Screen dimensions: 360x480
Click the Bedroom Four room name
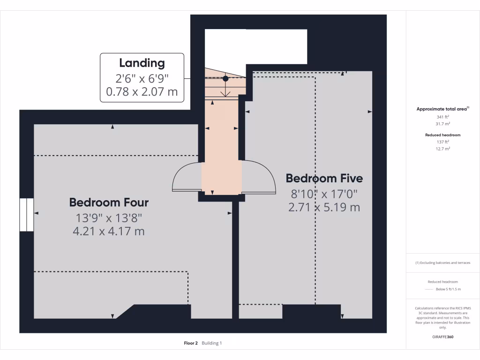[109, 202]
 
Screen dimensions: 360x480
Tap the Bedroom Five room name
[324, 179]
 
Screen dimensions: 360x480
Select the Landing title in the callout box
[142, 63]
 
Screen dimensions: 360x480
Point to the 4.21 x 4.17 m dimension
[109, 231]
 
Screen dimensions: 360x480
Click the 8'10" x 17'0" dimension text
[324, 193]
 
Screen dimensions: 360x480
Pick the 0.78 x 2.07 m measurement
[142, 91]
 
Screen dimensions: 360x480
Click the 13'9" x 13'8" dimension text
[109, 217]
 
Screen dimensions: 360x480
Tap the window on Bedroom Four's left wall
[26, 214]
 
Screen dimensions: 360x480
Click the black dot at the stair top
[225, 78]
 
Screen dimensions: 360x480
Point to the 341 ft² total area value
[442, 117]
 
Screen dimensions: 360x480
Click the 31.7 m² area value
[442, 124]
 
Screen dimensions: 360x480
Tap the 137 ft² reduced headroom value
[442, 142]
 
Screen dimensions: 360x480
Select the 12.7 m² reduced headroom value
[442, 149]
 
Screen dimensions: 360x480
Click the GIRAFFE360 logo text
[442, 337]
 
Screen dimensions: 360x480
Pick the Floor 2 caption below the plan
[191, 343]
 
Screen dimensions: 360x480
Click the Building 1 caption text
[212, 343]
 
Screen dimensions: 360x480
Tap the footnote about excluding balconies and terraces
[442, 262]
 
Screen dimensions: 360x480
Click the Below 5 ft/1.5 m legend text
[449, 290]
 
